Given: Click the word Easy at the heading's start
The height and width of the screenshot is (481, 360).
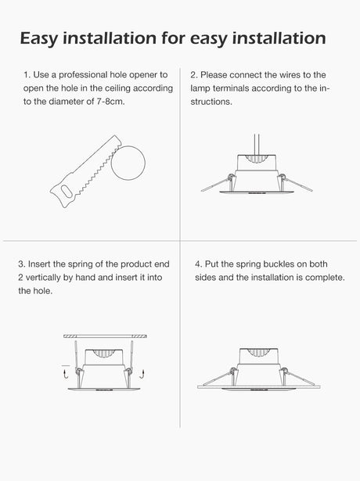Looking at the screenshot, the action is click(x=38, y=38).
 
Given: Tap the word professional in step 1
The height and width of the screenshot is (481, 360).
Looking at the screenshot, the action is click(x=83, y=75).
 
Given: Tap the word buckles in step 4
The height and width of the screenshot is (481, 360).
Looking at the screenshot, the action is click(x=279, y=264).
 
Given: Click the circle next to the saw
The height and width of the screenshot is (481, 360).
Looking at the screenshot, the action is click(x=128, y=163).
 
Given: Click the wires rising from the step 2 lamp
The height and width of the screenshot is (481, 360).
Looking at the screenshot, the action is click(x=257, y=145).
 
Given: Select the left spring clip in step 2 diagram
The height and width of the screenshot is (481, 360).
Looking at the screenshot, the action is click(x=216, y=184).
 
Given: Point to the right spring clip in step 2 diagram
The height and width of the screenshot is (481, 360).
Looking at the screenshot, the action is click(x=296, y=183).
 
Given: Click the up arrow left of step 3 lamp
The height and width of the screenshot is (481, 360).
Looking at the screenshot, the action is click(x=65, y=375).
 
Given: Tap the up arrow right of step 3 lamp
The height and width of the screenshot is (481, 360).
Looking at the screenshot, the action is click(x=142, y=375).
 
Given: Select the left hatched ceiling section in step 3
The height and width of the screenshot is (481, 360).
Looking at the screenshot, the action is click(x=70, y=336).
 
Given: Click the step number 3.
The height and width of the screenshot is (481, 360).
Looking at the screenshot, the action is click(x=21, y=264).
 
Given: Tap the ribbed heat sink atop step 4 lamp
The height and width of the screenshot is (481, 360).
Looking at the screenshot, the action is click(x=258, y=353).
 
